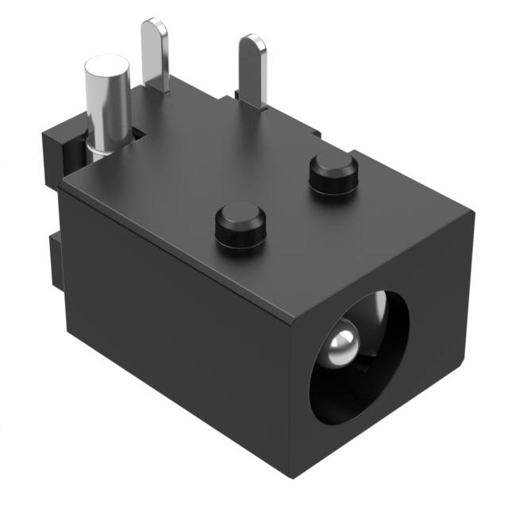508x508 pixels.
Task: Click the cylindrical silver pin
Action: tap(106, 107)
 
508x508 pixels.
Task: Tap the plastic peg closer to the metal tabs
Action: tap(332, 173)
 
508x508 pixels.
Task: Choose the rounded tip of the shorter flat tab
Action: tap(255, 40)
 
